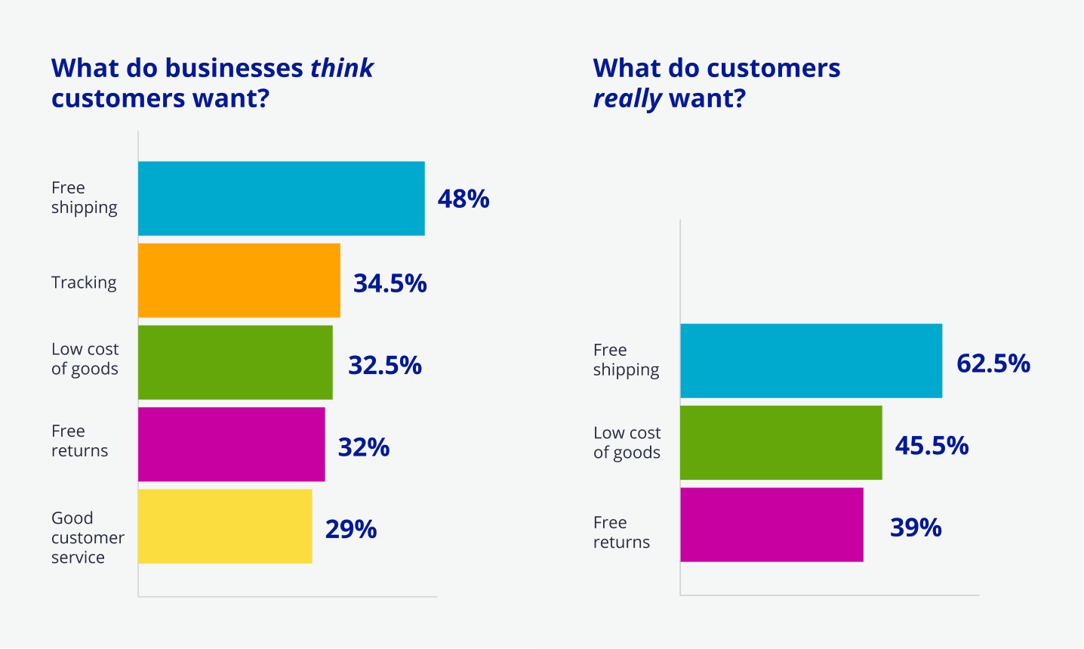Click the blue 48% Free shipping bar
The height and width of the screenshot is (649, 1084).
coord(281,199)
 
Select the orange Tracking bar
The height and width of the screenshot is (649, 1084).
coord(239,280)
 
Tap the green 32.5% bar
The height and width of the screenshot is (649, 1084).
coord(235,362)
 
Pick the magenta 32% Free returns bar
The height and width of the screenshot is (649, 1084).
coord(231,444)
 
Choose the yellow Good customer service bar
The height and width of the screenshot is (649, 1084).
coord(225,526)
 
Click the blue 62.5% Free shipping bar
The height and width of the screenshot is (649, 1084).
coord(811,361)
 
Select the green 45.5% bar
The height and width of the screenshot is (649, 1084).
coord(781,443)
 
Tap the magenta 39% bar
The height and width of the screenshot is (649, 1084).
coord(771,524)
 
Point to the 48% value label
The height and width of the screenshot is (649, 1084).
coord(463,199)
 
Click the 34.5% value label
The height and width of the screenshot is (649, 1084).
coord(390,283)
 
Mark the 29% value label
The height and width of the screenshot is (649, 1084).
coord(351,530)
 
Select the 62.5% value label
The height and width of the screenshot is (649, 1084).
coord(993,363)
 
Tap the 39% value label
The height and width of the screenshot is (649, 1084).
coord(916,527)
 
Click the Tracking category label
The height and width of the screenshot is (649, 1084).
coord(84,283)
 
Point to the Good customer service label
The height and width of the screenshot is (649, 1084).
coord(88,537)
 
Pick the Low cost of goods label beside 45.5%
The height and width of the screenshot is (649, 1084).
coord(627,443)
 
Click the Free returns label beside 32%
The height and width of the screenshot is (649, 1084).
coord(79,440)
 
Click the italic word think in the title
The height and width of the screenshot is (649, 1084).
coord(342,68)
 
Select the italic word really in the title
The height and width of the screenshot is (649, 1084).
coord(627,99)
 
